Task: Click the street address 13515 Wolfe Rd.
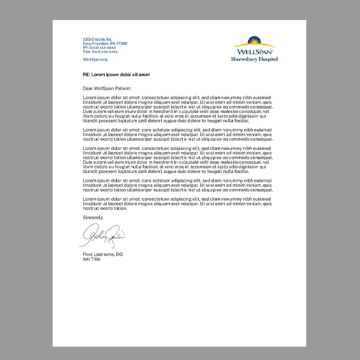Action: (x=97, y=39)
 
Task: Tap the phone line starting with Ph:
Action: (x=99, y=47)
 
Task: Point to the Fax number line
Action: (x=100, y=51)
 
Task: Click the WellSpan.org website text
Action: (x=95, y=59)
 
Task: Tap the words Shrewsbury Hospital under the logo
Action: (x=254, y=59)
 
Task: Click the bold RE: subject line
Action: (x=116, y=74)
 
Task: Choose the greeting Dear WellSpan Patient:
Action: (x=107, y=88)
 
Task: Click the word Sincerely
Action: (x=93, y=218)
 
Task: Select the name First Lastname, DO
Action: (x=102, y=254)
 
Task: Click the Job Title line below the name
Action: (x=92, y=258)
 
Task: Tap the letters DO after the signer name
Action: (x=119, y=254)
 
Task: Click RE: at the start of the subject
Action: (x=86, y=74)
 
